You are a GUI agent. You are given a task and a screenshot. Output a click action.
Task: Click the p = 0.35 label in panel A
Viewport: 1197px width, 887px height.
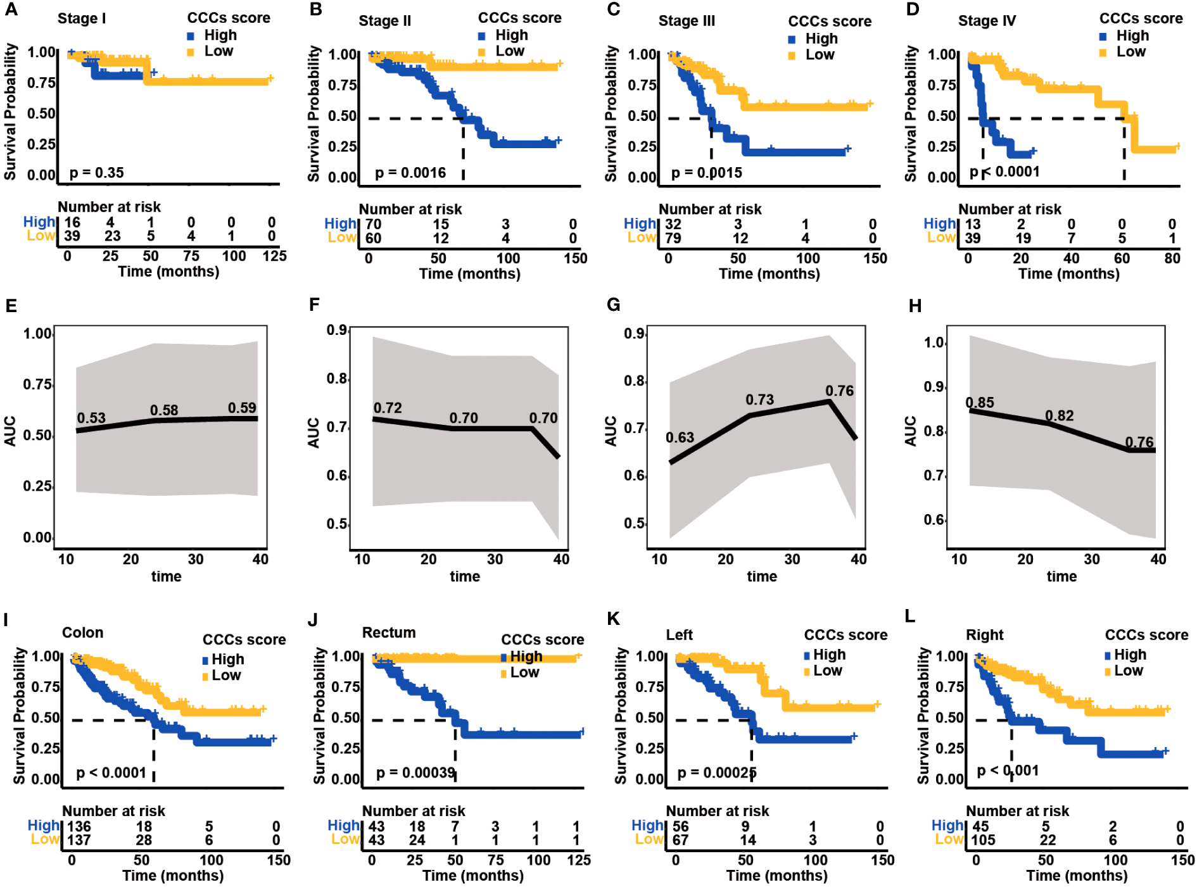coord(96,173)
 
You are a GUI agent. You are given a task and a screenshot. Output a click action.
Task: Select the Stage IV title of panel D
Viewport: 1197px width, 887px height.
coord(987,21)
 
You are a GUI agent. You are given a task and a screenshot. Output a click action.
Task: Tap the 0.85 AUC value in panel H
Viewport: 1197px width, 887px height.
coord(980,403)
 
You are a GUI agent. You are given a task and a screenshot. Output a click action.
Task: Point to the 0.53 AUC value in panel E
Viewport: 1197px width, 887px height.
coord(91,418)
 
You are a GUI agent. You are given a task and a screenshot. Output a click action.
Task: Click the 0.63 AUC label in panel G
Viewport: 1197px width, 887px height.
coord(680,437)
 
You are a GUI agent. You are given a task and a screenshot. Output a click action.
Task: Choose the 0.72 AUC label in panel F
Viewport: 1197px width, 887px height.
coord(388,408)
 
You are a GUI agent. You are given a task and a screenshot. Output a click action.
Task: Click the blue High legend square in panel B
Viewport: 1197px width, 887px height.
coord(482,36)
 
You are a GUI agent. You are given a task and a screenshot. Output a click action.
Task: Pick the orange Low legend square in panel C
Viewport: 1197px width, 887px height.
coord(792,56)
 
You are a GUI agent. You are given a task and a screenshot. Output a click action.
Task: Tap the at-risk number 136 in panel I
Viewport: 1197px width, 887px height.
coord(79,826)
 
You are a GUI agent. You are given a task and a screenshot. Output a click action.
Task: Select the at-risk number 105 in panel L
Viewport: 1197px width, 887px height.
coord(984,840)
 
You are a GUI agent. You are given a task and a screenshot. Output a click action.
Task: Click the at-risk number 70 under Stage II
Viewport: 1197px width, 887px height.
coord(374,224)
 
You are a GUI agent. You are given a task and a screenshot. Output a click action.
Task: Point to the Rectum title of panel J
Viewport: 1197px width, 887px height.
coord(389,632)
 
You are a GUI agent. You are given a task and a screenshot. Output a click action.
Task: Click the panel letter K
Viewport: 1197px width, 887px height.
coord(613,619)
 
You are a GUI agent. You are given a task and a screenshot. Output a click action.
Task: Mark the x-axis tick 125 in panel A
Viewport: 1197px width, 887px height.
coord(275,256)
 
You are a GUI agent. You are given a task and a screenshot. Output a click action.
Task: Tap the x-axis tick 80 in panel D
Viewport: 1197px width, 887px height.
coord(1172,258)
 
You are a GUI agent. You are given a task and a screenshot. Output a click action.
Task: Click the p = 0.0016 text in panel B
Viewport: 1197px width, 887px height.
coord(410,173)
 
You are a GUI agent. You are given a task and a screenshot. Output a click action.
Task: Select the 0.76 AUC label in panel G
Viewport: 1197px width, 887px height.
coord(839,391)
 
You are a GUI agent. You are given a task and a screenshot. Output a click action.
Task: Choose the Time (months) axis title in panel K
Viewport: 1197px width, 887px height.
coord(776,876)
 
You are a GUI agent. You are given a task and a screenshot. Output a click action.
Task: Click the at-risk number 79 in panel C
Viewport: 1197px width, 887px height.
coord(673,238)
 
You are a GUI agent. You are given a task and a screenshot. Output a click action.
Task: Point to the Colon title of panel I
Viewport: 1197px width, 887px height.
coord(82,632)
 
